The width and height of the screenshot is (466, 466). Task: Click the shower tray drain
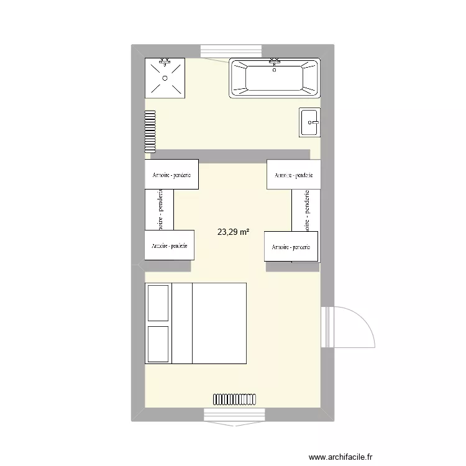[165, 78]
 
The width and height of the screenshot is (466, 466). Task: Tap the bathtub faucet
[275, 62]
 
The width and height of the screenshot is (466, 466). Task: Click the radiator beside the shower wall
[150, 131]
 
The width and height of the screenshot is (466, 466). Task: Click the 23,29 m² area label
[233, 232]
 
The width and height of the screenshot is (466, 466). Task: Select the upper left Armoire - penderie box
[172, 175]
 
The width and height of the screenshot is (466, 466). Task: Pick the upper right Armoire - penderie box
[293, 175]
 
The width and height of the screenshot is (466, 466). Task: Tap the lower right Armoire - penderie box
[291, 246]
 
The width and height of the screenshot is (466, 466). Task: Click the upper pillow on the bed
[158, 303]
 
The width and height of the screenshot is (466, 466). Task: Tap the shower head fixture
[165, 62]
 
